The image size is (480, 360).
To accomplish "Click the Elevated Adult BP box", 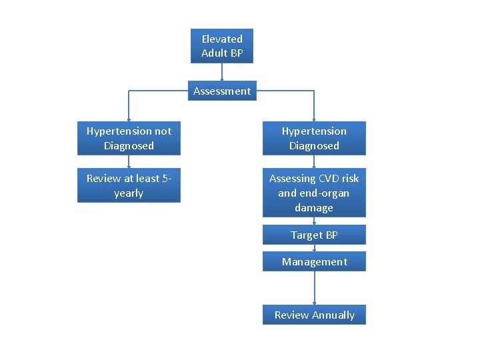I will click(222, 46).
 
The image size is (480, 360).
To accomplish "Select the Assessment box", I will click(222, 91).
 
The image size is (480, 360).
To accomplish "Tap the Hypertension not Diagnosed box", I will click(129, 139).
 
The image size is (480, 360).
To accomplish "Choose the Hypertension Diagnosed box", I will click(314, 139).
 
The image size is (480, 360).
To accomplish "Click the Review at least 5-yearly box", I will click(129, 186).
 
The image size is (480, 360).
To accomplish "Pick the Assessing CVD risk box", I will click(314, 193).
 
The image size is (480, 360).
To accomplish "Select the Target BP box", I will click(314, 235).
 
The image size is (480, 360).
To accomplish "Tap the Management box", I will click(314, 262).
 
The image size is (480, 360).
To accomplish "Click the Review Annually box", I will click(314, 315).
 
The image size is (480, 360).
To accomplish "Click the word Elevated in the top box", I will click(222, 39).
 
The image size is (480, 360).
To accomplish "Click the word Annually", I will click(333, 315).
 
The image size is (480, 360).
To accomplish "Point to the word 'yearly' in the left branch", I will click(129, 193).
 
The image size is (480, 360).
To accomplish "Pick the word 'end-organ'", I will click(325, 193).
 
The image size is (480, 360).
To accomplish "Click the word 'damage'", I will click(314, 208).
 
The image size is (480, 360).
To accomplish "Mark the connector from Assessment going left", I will click(160, 91).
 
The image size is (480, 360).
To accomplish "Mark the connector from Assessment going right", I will click(283, 91).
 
